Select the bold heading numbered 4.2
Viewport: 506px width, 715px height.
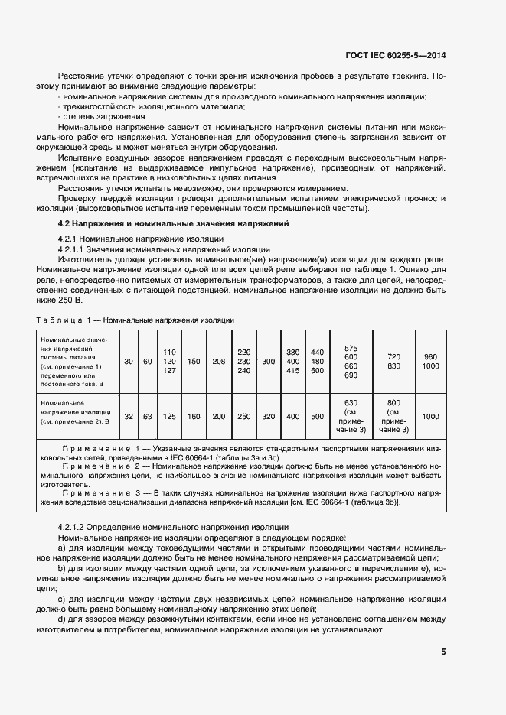coord(173,223)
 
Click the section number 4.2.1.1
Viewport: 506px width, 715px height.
coord(75,249)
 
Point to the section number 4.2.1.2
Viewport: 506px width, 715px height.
coord(75,528)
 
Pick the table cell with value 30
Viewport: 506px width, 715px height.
coord(129,361)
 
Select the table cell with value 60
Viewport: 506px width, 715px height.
coord(147,361)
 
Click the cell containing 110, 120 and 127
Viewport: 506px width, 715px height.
coord(170,361)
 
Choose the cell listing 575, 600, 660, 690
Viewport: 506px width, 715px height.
coord(351,361)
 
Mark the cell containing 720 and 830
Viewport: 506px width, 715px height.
coord(393,361)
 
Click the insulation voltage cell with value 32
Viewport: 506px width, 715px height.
coord(129,416)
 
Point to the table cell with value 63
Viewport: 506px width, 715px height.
coord(147,416)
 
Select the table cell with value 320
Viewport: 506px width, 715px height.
coord(268,416)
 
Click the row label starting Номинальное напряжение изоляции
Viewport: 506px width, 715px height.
coord(76,411)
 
